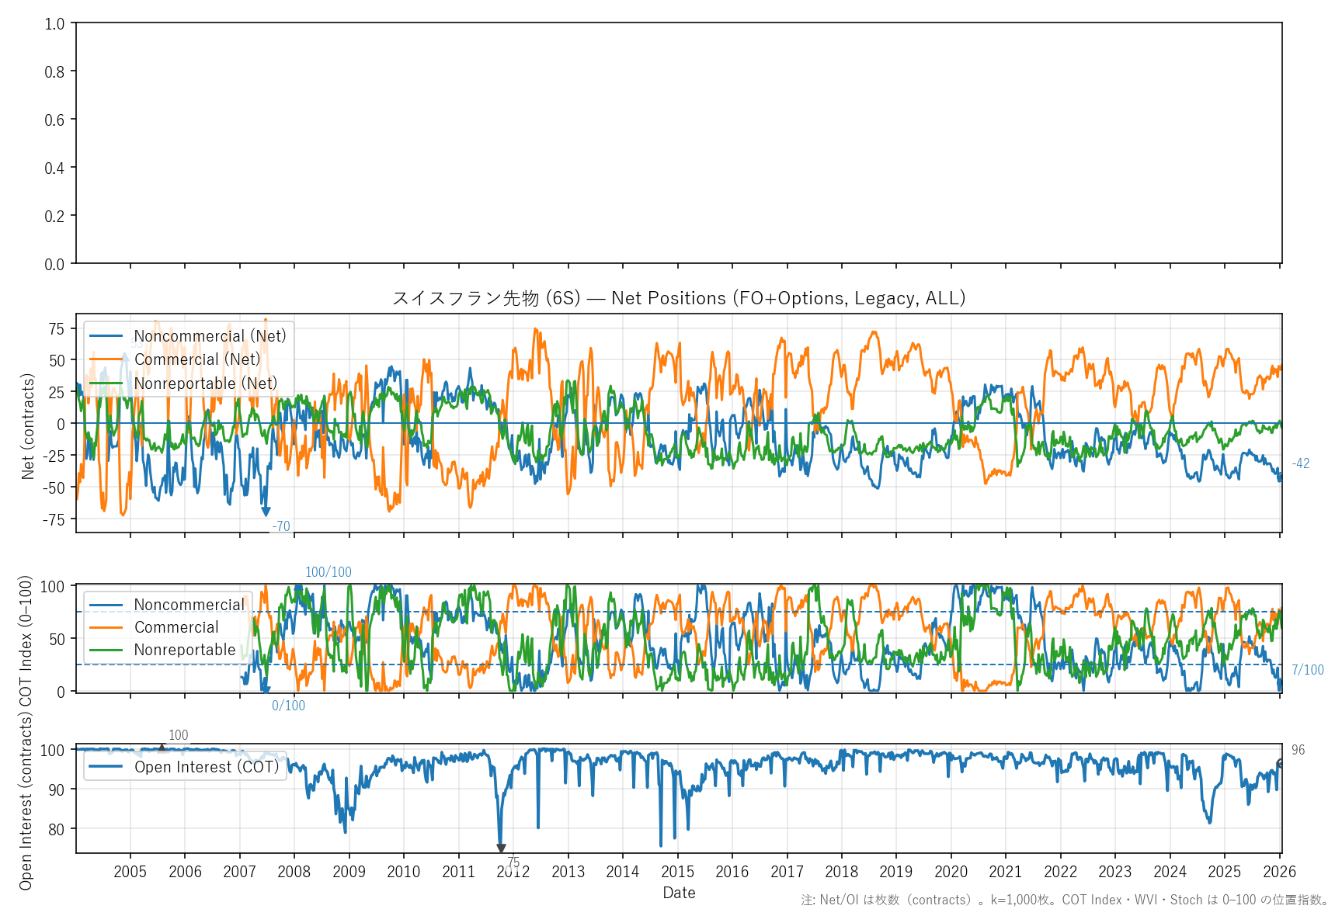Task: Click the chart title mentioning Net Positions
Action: [x=678, y=298]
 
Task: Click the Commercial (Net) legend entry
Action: [x=197, y=359]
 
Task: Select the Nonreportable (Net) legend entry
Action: [x=205, y=383]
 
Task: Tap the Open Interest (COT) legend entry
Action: [x=206, y=767]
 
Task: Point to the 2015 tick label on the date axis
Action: [x=677, y=872]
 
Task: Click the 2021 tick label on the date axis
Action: [x=1006, y=872]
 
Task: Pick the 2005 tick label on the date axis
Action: [x=130, y=872]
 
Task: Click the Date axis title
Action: [x=679, y=893]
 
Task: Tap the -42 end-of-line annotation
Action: [x=1300, y=463]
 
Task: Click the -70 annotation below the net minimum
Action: [x=281, y=526]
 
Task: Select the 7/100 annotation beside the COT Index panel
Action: [x=1308, y=670]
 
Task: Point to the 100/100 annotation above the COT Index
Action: [x=328, y=572]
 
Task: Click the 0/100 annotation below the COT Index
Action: [x=288, y=706]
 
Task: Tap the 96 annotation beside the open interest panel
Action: [x=1298, y=750]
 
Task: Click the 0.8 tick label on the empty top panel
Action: [x=54, y=71]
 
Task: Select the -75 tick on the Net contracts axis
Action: [x=54, y=519]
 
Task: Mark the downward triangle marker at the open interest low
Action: [x=501, y=848]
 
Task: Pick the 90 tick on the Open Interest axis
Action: [x=56, y=789]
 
